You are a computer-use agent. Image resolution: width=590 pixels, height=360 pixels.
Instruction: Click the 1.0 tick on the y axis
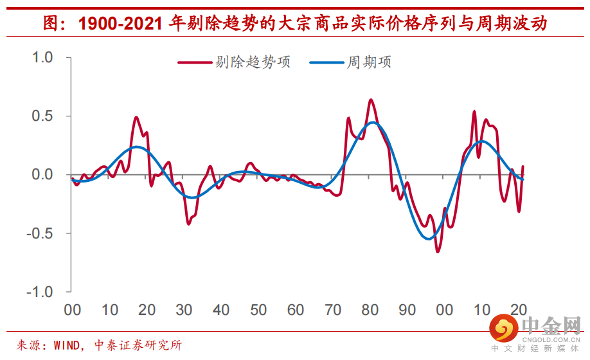coord(44,58)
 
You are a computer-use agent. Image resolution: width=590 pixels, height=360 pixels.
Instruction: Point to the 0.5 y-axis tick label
coord(44,116)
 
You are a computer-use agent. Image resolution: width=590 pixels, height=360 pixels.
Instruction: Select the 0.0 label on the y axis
coord(44,175)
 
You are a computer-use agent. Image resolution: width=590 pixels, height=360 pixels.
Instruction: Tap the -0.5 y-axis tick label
coord(41,233)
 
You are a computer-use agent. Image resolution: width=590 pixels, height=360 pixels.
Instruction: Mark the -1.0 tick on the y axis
coord(41,292)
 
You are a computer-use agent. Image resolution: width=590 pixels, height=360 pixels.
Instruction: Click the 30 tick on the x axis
coord(184,310)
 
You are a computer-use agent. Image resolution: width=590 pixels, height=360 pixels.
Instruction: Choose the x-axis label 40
coord(222,310)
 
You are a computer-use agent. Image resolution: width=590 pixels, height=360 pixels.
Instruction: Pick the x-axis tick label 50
coord(259,310)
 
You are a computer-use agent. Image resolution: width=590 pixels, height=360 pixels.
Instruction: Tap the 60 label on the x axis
coord(296,310)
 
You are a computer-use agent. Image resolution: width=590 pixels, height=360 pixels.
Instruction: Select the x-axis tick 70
coord(333,310)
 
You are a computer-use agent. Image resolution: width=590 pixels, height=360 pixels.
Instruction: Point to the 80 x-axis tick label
coord(370,310)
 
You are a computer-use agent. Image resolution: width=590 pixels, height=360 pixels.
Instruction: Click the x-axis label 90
coord(407,310)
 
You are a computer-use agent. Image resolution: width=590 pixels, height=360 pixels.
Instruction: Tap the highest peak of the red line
coord(371,100)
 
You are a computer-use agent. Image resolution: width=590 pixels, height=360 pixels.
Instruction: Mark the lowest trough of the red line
coord(438,251)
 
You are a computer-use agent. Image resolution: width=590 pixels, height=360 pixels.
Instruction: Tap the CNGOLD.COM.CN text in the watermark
coord(551,339)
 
